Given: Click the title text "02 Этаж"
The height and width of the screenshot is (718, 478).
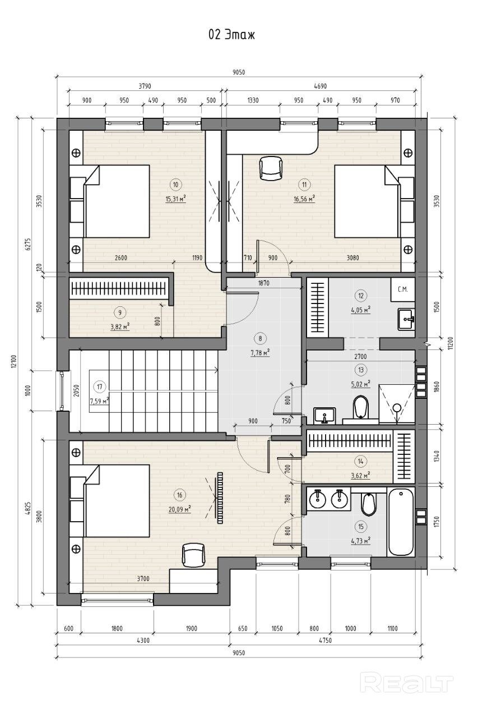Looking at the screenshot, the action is tap(231, 35).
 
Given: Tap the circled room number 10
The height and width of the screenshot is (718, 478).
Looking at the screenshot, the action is tap(175, 185).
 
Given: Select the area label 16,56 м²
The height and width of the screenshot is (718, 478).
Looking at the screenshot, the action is tap(304, 199).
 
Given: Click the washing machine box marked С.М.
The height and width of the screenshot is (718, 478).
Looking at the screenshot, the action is tap(402, 289).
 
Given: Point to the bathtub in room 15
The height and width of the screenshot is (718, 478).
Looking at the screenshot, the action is tap(401, 522).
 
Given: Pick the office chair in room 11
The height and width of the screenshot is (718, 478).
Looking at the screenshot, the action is tap(271, 168).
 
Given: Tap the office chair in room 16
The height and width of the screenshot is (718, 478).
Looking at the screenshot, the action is tap(193, 556).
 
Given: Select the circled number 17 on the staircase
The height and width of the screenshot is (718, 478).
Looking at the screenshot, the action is tap(100, 386).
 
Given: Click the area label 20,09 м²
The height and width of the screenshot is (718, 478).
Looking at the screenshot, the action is tap(180, 509).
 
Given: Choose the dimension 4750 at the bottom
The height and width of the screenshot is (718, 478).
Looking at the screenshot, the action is tap(326, 640).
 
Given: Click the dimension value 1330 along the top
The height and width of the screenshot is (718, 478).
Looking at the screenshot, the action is tap(253, 100).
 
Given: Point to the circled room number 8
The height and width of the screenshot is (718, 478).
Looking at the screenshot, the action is tap(260, 338).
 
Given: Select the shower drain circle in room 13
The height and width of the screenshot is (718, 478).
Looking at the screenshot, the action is tap(397, 408).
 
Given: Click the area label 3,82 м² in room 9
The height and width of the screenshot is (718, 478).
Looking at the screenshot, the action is tap(120, 326).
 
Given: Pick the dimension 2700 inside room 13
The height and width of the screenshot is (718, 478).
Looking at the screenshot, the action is tap(360, 356).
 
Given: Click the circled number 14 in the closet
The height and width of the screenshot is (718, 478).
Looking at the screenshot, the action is tap(361, 462).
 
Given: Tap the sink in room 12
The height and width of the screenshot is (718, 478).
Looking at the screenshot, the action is tap(406, 319).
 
